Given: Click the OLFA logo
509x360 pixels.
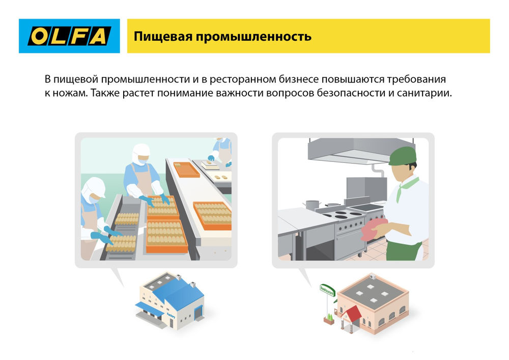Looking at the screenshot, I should [69, 36].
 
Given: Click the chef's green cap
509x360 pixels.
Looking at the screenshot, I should [403, 155].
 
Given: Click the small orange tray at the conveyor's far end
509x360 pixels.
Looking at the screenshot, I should [187, 169].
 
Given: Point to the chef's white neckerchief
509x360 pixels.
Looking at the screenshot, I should [408, 186].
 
